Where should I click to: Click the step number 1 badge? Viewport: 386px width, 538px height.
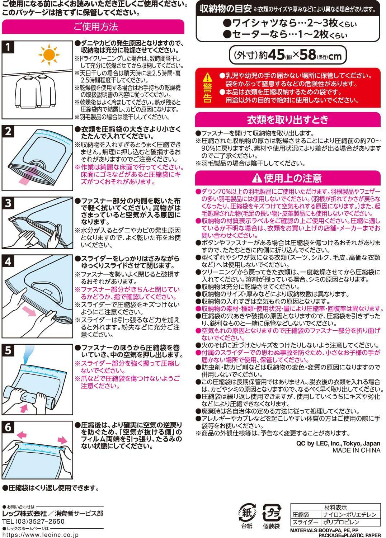[x=8, y=47]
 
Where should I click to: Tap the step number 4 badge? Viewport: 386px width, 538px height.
[x=8, y=261]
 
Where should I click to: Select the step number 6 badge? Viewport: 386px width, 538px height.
[x=8, y=427]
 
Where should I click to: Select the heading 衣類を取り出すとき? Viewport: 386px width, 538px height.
[x=287, y=119]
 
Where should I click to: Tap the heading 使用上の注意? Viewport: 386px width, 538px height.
[x=287, y=178]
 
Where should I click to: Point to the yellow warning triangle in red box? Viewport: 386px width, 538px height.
[x=207, y=77]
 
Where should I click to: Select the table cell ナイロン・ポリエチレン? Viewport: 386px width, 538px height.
[x=349, y=515]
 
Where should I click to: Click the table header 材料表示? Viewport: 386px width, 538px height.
[x=335, y=507]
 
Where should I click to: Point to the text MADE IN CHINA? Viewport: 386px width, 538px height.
[x=356, y=450]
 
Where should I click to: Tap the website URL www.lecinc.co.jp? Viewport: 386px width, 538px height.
[x=40, y=535]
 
